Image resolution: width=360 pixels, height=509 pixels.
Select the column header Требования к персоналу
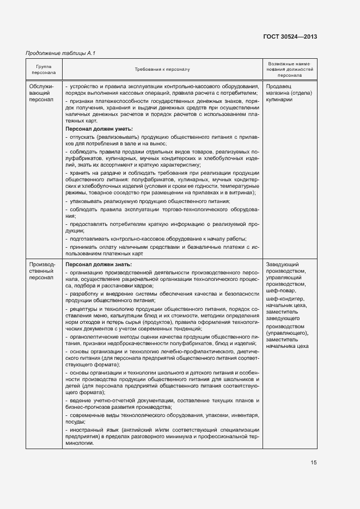(x=162, y=70)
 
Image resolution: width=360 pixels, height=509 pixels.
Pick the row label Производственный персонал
(x=42, y=271)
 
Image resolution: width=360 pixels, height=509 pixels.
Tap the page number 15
(x=313, y=462)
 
